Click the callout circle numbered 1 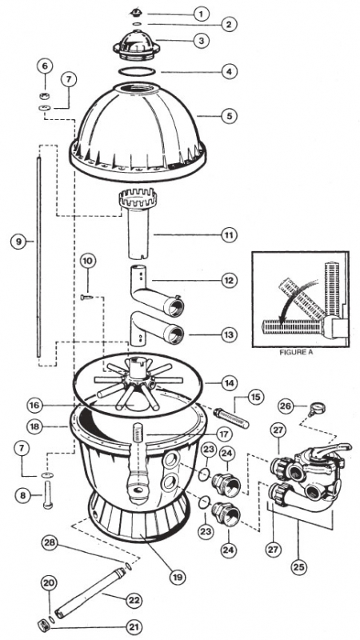201,14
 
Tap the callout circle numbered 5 230,116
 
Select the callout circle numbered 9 18,242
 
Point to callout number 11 230,235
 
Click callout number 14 230,383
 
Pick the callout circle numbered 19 178,577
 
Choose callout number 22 134,601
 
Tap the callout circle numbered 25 299,567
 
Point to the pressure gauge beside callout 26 317,409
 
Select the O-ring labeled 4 137,71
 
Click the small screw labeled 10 87,297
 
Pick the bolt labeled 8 48,494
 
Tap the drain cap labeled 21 42,624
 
